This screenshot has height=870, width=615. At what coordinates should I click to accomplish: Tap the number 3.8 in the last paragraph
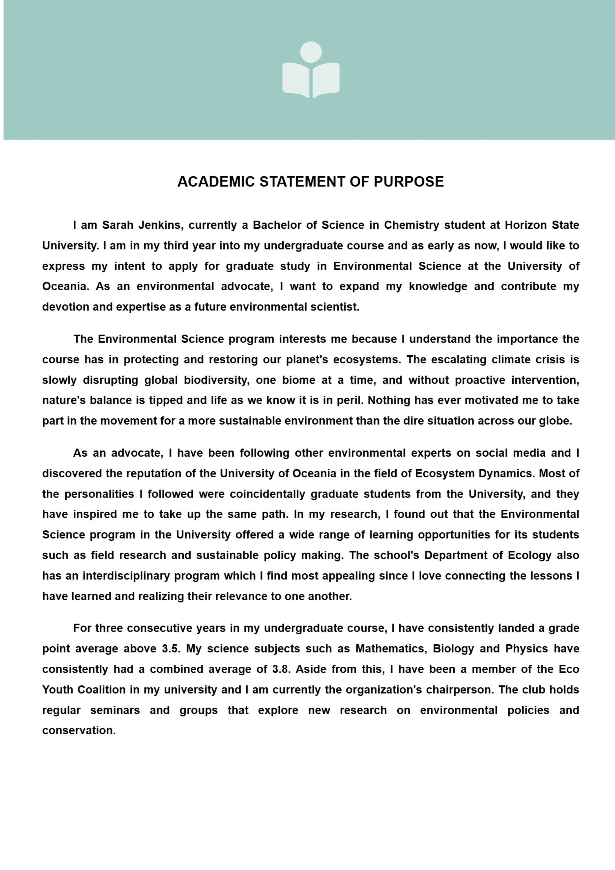(x=281, y=669)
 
